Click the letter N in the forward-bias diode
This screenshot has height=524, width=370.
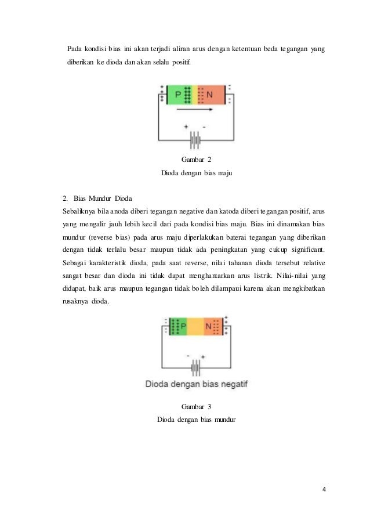click(x=210, y=95)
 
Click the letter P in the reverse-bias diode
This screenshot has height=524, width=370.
click(x=183, y=327)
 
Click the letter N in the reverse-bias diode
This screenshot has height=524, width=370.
click(x=208, y=327)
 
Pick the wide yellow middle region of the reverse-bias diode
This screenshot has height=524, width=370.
click(x=195, y=327)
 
